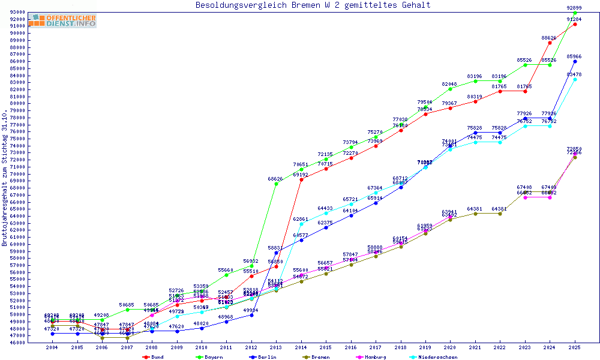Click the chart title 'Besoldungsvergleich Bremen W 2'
[313, 5]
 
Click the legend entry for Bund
[154, 357]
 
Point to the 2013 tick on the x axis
[275, 347]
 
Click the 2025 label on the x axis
[575, 347]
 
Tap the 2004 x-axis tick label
[52, 347]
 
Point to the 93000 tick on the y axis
[16, 12]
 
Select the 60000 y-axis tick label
[16, 244]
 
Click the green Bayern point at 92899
[575, 13]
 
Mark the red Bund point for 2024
[550, 43]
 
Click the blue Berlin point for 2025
[575, 61]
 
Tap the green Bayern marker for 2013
[276, 184]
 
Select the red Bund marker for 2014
[301, 179]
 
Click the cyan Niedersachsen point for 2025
[575, 79]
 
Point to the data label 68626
[275, 179]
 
